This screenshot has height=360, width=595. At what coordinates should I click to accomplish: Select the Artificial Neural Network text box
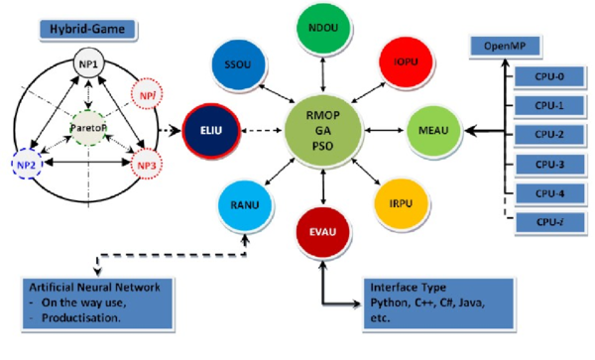tap(95, 303)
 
